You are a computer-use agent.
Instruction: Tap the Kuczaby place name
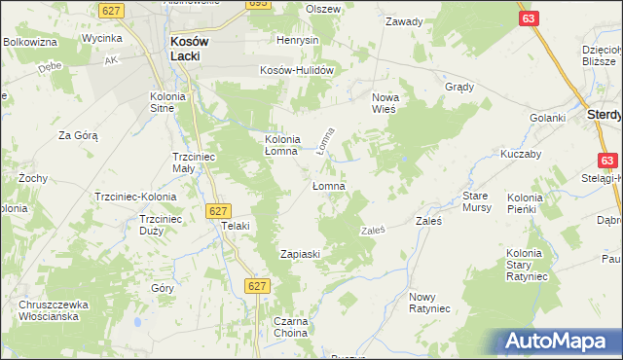point(520,156)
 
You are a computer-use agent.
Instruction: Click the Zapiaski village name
point(301,254)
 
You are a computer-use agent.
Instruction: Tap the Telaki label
point(237,226)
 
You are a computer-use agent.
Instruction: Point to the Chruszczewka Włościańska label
point(55,310)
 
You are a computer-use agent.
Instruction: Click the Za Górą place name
point(79,135)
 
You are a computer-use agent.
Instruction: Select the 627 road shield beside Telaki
point(218,210)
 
